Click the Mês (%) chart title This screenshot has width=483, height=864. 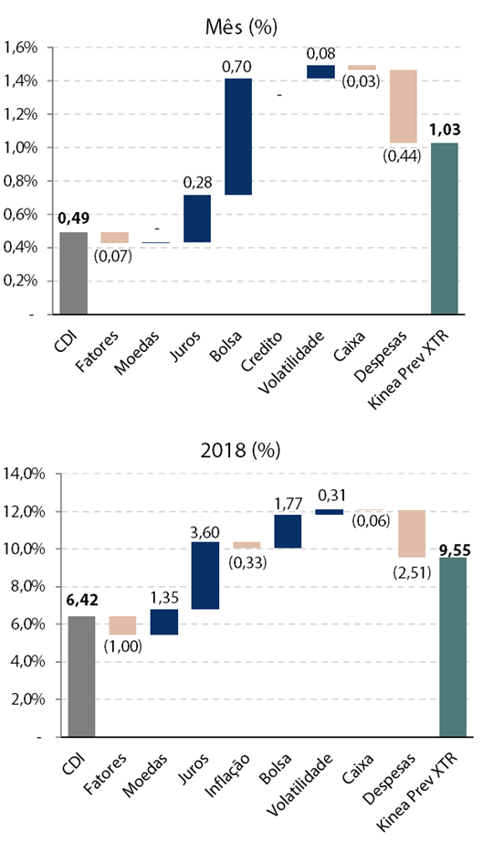point(241,27)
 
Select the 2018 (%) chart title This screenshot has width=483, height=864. point(240,451)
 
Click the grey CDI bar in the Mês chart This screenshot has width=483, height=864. point(74,273)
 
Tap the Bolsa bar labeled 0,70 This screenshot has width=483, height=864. point(238,136)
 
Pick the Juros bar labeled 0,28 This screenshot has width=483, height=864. point(197,219)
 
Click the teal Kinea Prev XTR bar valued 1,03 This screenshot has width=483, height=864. point(445,229)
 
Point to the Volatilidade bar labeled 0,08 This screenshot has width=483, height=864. point(320,71)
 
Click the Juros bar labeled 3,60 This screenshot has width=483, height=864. point(205,575)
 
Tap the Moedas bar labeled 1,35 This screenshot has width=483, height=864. point(164,622)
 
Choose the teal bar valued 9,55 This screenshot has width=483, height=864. point(453,647)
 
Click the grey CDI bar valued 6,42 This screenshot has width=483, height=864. point(81,676)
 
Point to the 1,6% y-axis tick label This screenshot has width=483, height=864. point(21,48)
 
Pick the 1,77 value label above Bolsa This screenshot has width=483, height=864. point(288,503)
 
